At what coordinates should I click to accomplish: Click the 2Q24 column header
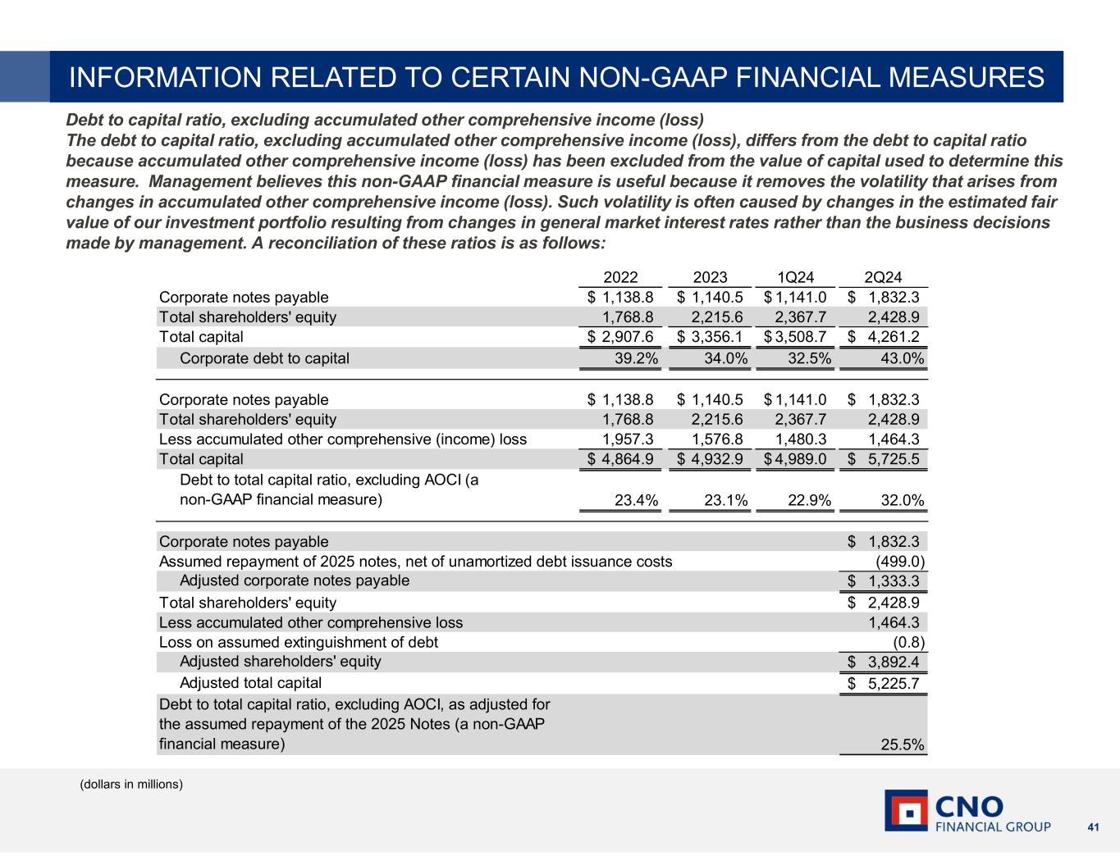tap(883, 278)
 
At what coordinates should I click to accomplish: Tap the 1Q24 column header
tap(795, 278)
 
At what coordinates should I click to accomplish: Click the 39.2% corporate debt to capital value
tap(637, 358)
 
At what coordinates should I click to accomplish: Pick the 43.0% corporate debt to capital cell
tap(902, 358)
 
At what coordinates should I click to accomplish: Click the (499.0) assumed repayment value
tap(902, 562)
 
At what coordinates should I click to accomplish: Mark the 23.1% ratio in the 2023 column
tap(725, 500)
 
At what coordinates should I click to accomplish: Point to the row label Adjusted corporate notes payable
tap(294, 580)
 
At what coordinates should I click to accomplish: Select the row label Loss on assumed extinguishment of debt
tap(298, 642)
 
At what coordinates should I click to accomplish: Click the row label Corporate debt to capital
tap(264, 358)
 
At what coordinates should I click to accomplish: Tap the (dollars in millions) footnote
tap(131, 785)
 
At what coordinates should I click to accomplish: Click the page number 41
tap(1093, 827)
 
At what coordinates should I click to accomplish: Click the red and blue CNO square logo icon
tap(906, 810)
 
